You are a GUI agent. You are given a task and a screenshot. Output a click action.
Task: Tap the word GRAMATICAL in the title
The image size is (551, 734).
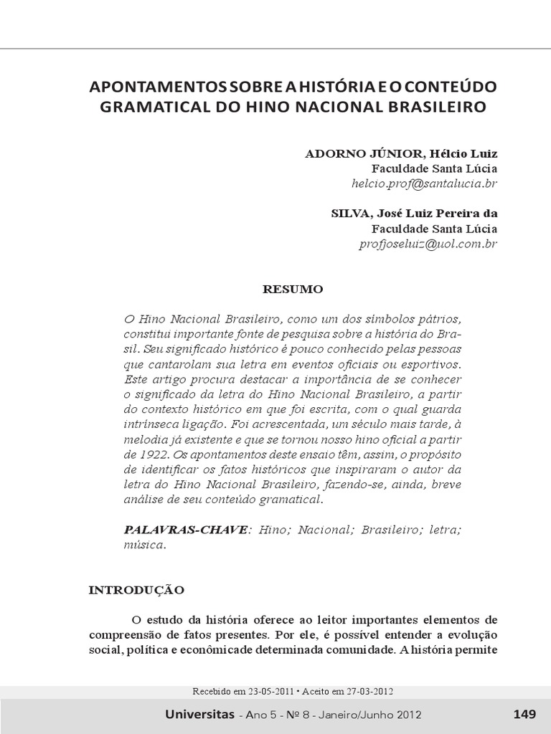click(149, 108)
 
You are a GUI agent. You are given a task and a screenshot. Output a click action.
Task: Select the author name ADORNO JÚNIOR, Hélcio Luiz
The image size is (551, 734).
click(401, 153)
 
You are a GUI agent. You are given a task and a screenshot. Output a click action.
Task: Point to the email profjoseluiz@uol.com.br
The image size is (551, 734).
click(428, 244)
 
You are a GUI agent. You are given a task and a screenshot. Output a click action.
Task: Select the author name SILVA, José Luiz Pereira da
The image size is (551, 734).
click(414, 214)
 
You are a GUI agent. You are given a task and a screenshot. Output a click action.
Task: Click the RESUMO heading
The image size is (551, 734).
click(293, 290)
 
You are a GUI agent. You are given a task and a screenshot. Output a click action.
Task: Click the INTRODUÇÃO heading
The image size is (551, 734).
click(136, 590)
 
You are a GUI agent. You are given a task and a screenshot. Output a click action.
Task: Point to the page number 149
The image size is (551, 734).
click(524, 714)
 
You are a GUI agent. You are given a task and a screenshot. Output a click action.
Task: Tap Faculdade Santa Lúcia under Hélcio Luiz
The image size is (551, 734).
click(434, 168)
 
